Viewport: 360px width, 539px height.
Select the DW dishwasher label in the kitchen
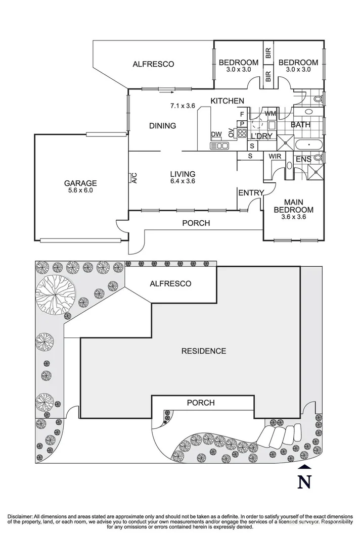point(216,134)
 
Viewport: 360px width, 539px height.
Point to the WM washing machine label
point(270,113)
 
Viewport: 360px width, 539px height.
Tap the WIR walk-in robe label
point(275,157)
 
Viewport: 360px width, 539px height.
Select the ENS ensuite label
point(304,159)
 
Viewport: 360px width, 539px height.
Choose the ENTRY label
point(251,193)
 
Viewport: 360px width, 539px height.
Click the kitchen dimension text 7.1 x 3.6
point(183,106)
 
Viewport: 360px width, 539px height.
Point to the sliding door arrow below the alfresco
point(167,92)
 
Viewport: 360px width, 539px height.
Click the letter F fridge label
point(242,114)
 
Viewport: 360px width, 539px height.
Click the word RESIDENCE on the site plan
point(204,351)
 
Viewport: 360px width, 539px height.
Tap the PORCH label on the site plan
point(201,403)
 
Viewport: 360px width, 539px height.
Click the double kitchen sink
point(219,145)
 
